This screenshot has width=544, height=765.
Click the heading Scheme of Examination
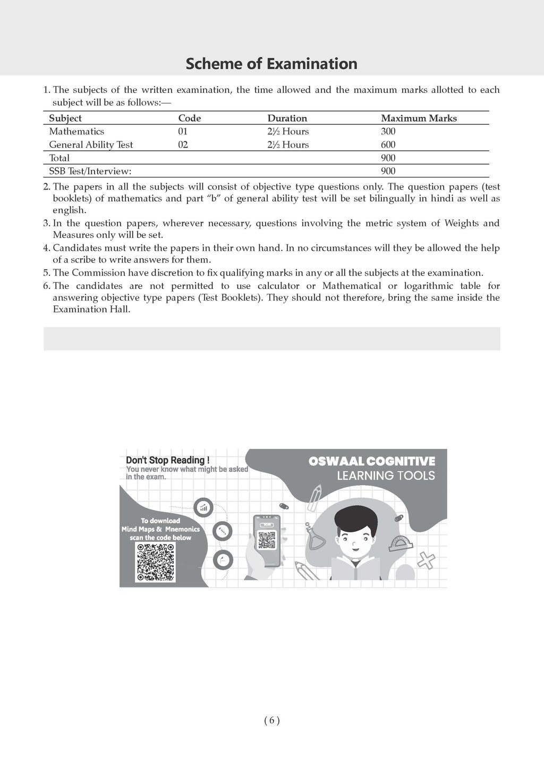(271, 64)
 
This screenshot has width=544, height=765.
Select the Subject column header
(65, 118)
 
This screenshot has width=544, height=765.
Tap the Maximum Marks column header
(419, 118)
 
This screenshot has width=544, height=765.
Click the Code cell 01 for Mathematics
(183, 132)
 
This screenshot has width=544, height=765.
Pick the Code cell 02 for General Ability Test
(183, 145)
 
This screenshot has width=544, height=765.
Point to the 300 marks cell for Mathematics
(388, 132)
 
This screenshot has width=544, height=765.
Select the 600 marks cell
(388, 145)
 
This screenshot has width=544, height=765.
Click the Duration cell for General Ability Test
(287, 145)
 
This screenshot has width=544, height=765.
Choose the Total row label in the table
(59, 158)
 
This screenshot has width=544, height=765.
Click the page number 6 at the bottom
(271, 720)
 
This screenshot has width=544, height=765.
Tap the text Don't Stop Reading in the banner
(167, 460)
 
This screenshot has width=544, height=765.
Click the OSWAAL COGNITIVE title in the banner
(371, 461)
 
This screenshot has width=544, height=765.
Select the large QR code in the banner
(155, 563)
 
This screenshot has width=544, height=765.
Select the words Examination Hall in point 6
(91, 309)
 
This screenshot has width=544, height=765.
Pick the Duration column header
(287, 118)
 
